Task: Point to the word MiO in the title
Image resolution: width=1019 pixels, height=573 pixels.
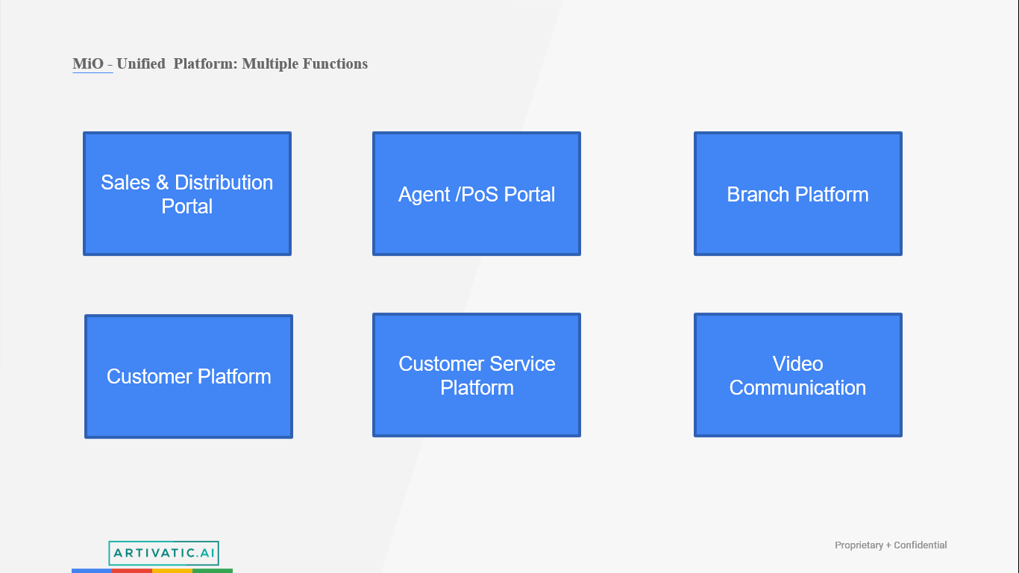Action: tap(88, 64)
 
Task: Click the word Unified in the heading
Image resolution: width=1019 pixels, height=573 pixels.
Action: tap(141, 64)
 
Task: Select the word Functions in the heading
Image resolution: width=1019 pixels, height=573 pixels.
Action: tap(336, 64)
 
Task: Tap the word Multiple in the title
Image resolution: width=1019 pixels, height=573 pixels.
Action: tap(270, 64)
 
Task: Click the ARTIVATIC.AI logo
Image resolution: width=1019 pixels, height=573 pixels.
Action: tap(163, 553)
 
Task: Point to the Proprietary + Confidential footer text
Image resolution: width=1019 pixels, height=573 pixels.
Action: tap(891, 545)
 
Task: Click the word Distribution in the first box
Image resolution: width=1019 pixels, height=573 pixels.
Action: tap(224, 183)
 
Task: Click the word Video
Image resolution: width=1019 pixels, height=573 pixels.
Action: tap(797, 364)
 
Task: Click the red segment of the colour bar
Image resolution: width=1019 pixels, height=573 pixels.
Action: tap(132, 571)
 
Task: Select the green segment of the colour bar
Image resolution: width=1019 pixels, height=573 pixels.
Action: tap(213, 571)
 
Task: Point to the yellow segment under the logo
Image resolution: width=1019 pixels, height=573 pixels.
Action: tap(172, 571)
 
